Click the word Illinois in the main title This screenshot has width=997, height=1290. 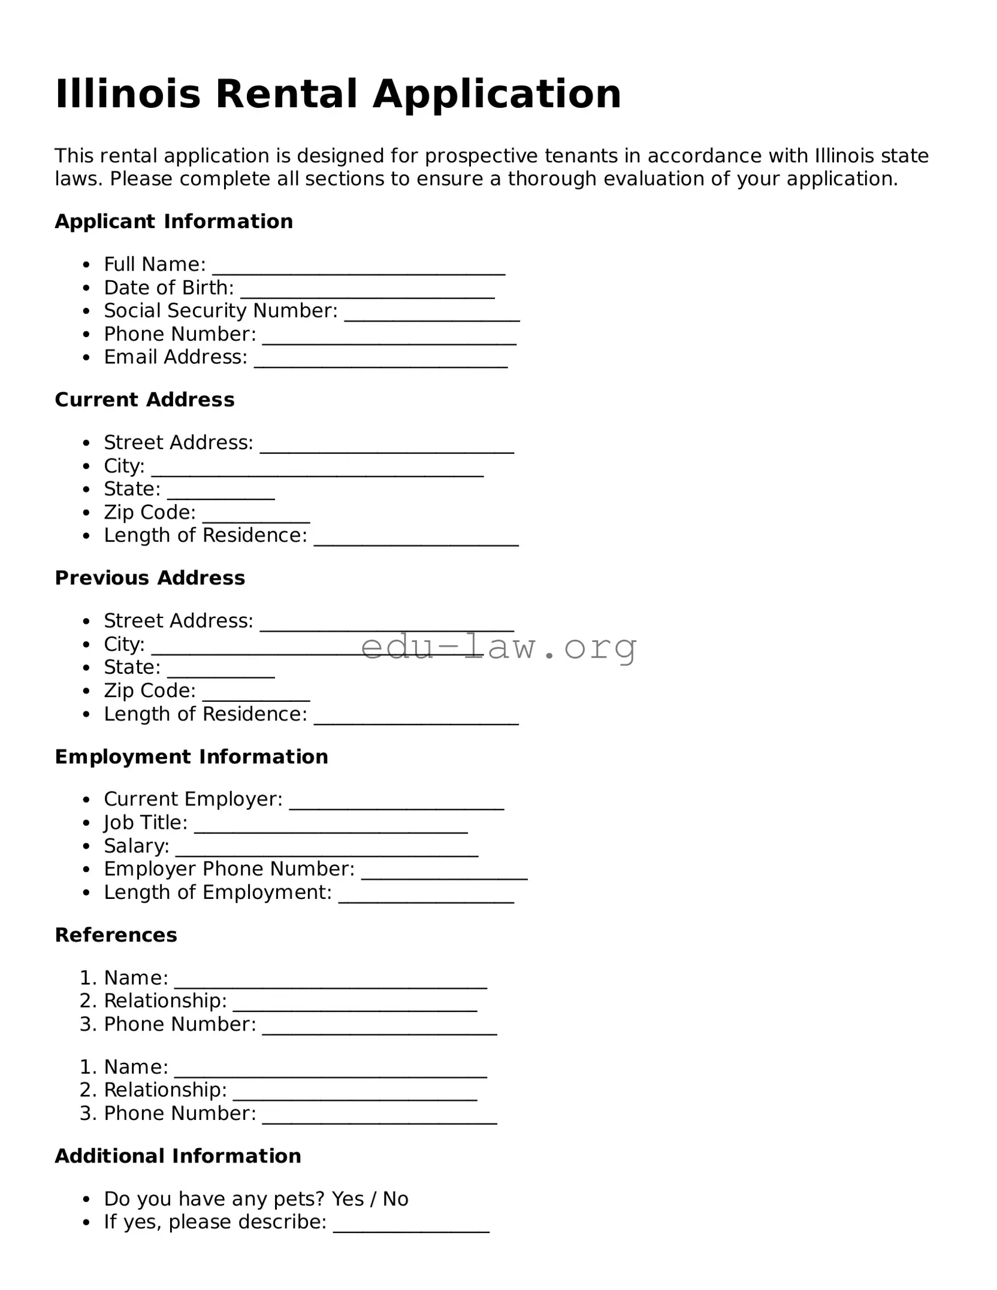point(128,94)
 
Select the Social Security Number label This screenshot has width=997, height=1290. point(220,311)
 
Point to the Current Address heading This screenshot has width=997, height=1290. point(144,399)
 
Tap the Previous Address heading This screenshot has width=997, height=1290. point(150,578)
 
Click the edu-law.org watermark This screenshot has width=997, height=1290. point(498,647)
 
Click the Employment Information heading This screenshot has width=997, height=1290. point(191,756)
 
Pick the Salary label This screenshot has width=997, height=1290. point(136,846)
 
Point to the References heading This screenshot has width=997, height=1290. point(116,935)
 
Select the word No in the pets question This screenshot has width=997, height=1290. point(395,1199)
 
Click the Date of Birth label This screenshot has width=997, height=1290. point(168,287)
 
